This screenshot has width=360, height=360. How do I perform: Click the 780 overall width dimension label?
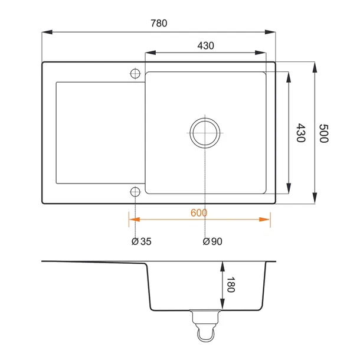[x=159, y=23]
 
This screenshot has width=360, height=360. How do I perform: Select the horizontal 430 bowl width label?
[x=205, y=45]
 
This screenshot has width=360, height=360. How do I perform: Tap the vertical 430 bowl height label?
[x=301, y=133]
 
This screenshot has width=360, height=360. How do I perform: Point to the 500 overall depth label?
[x=324, y=133]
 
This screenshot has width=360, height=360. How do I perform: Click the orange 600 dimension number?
[x=199, y=213]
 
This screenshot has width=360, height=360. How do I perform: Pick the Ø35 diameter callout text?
[x=142, y=241]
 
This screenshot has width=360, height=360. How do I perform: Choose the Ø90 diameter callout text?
[x=212, y=241]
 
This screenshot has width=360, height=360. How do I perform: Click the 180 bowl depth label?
[x=231, y=284]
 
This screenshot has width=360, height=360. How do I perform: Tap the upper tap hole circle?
[x=135, y=74]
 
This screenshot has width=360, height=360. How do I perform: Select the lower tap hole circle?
[x=135, y=192]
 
